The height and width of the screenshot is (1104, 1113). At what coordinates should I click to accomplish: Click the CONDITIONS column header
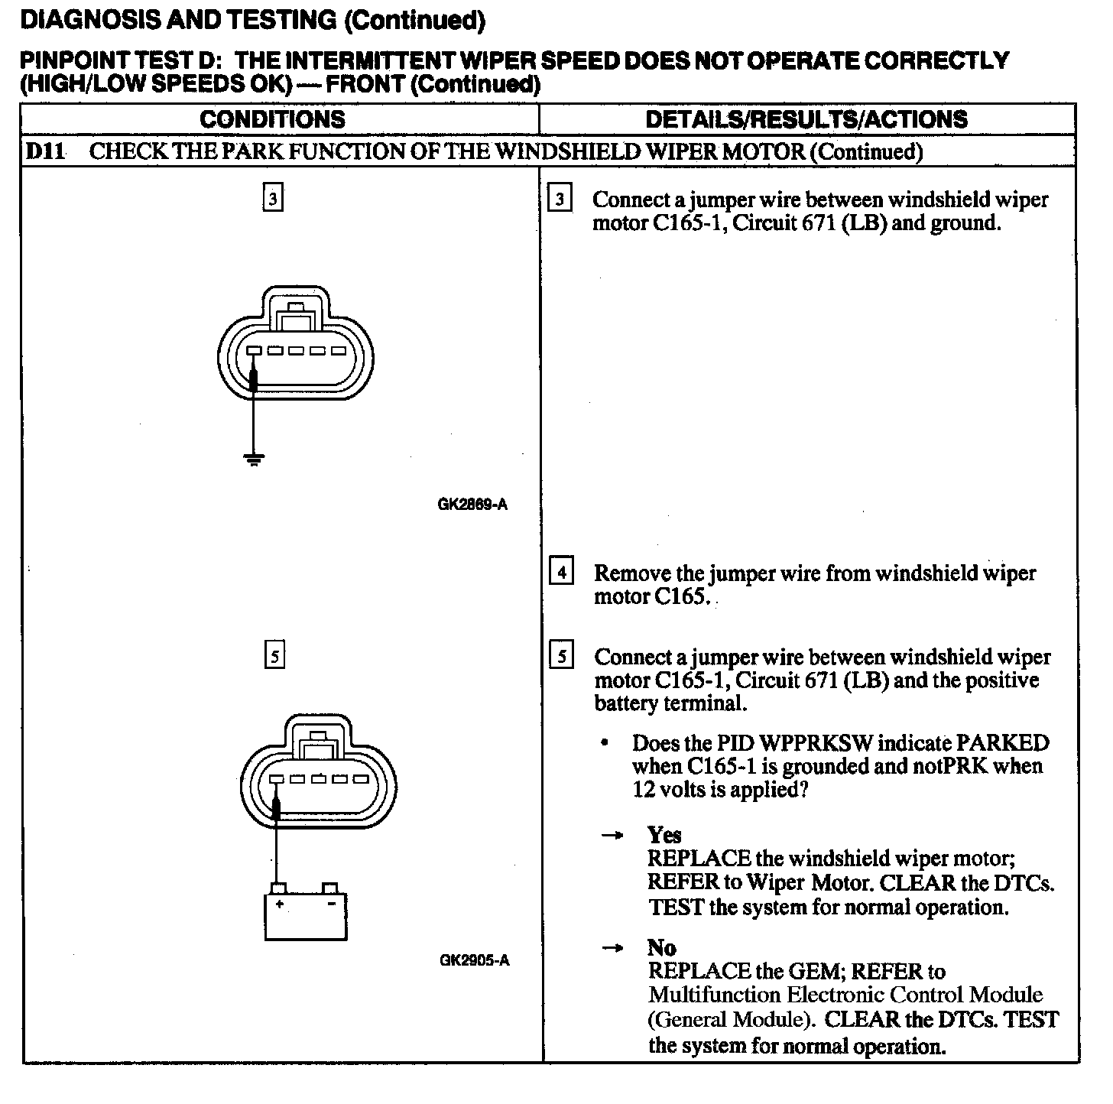point(272,119)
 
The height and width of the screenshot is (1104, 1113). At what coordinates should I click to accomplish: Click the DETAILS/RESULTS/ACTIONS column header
point(806,119)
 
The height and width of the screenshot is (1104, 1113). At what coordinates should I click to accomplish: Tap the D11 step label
point(44,151)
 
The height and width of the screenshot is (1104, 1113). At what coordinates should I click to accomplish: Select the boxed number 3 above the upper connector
point(273,199)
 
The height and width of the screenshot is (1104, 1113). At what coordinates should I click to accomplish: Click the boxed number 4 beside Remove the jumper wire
point(561,572)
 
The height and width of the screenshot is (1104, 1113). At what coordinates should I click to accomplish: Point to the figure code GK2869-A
point(472,505)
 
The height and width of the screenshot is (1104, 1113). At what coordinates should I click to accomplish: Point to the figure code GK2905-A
point(474,960)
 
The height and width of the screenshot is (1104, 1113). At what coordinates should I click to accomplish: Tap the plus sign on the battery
point(281,904)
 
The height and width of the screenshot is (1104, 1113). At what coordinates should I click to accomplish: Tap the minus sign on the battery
point(331,904)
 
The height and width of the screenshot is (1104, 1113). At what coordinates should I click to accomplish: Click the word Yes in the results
point(664,834)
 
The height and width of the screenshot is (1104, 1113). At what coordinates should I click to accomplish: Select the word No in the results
point(661,948)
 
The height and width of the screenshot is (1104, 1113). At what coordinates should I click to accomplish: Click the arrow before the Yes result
point(612,836)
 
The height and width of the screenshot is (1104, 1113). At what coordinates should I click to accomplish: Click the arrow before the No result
point(612,949)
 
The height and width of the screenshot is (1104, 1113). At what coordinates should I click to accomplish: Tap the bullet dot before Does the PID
point(605,743)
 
